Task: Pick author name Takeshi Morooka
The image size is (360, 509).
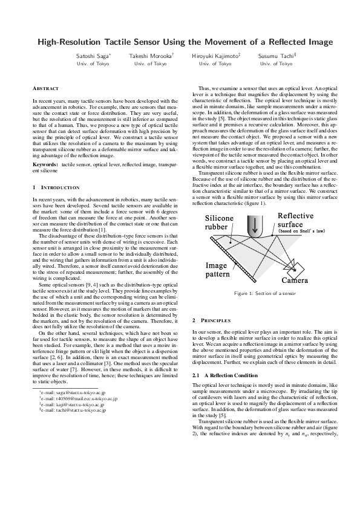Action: pos(149,56)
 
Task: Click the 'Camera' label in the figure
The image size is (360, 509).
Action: pos(296,281)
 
